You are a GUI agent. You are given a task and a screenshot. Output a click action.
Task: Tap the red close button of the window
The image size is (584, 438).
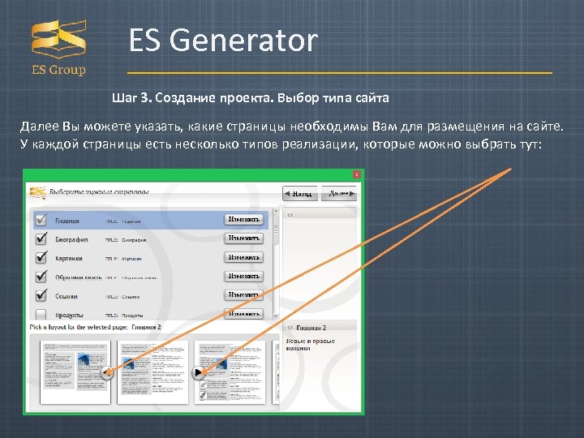point(356,174)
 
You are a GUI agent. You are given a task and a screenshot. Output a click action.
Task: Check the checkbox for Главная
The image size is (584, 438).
point(41,219)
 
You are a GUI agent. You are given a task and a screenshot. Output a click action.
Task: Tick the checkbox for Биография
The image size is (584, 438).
point(41,239)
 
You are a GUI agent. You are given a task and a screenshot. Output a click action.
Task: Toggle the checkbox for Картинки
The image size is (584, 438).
point(41,258)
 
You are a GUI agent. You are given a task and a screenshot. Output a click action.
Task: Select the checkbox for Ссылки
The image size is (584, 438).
point(41,296)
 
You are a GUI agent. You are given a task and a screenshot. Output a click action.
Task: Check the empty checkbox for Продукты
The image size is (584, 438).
point(41,314)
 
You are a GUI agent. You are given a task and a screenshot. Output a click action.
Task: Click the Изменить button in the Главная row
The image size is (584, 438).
point(244,219)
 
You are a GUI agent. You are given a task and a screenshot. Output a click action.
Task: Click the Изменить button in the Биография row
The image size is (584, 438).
point(244,238)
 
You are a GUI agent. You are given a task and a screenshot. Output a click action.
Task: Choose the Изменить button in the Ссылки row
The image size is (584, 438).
point(244,295)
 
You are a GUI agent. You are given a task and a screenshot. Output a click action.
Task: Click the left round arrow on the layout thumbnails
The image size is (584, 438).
point(107,372)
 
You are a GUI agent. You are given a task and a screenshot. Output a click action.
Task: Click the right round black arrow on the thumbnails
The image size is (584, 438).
point(198,372)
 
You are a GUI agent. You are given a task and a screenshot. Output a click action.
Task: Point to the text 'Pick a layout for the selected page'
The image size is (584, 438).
point(81,326)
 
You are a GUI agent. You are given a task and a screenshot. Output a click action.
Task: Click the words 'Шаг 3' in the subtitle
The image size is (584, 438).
point(131,98)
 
